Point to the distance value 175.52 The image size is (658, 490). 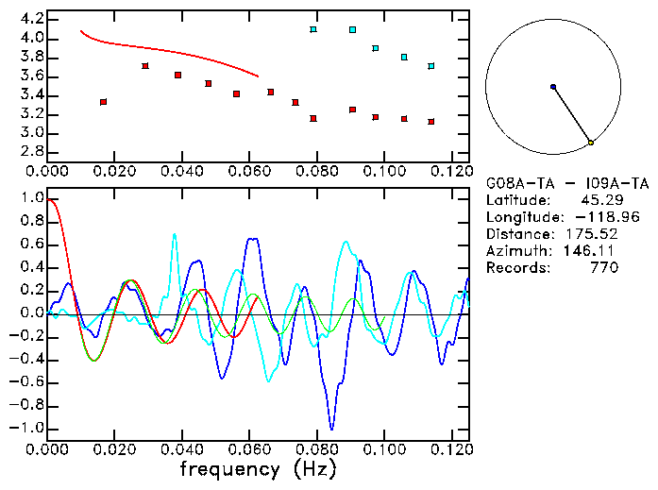(x=595, y=233)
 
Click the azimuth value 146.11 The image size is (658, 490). (x=595, y=250)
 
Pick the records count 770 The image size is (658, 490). (x=603, y=267)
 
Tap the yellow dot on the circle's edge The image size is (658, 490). (x=591, y=143)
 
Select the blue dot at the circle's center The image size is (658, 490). (x=553, y=87)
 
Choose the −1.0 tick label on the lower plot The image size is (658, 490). (x=26, y=428)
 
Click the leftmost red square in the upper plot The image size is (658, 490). (x=103, y=101)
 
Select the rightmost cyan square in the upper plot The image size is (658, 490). (x=430, y=66)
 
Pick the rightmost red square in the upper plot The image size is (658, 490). (x=430, y=122)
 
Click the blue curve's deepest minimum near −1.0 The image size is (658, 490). (x=330, y=427)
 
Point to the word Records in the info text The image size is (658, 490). (x=515, y=267)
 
